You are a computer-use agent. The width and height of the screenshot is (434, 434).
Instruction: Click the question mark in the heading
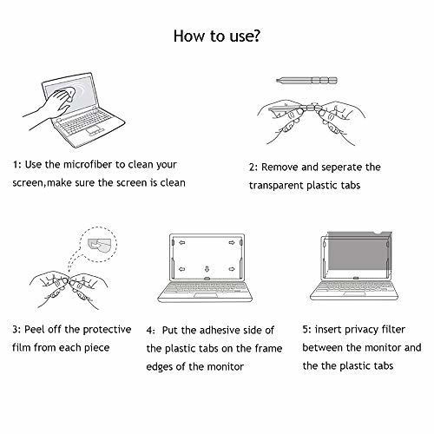click(255, 36)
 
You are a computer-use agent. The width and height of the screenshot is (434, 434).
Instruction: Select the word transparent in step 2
click(276, 186)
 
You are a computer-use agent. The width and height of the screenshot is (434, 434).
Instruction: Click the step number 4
click(149, 331)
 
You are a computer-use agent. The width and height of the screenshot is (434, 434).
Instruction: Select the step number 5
click(306, 330)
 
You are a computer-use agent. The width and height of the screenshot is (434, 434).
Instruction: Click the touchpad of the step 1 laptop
click(95, 130)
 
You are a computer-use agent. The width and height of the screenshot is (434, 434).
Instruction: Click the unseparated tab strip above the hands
click(306, 80)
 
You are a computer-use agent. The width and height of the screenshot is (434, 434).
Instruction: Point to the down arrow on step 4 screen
click(207, 269)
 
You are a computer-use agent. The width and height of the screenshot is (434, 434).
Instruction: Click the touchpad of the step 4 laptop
click(206, 295)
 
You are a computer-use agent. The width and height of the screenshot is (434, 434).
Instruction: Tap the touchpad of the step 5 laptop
click(354, 294)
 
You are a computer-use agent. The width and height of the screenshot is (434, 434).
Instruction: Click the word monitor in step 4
click(226, 367)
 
